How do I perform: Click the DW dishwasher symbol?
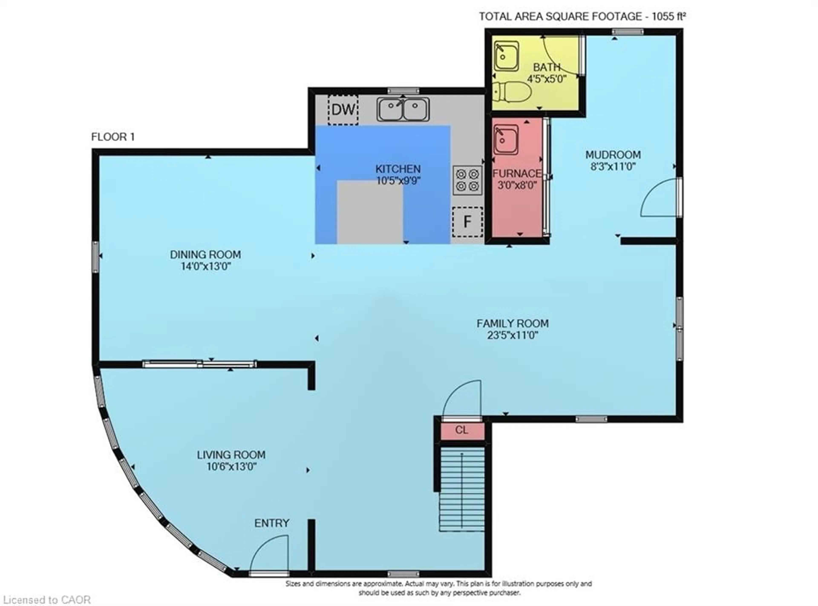tap(343, 109)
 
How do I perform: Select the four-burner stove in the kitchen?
tap(467, 180)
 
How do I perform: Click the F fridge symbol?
tap(467, 221)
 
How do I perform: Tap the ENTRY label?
tap(272, 523)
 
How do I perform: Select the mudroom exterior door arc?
tap(659, 198)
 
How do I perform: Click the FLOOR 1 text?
tap(113, 137)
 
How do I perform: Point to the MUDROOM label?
tap(613, 155)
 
